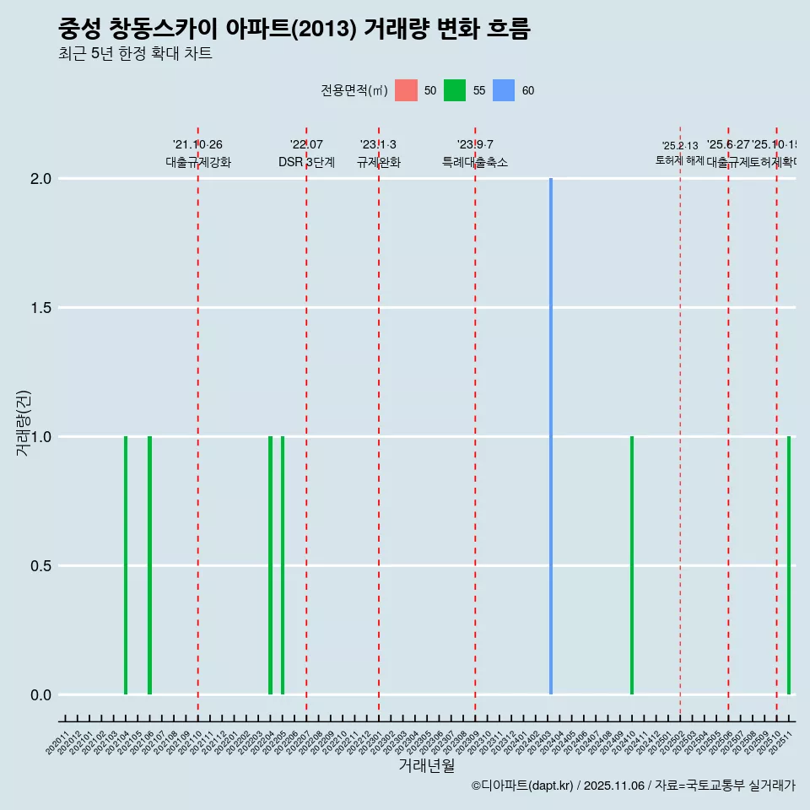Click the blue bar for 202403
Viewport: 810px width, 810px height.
551,436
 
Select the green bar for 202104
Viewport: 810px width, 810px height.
126,565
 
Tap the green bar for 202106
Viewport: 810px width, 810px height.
149,565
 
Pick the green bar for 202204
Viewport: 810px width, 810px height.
271,565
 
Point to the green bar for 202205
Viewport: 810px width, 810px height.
283,565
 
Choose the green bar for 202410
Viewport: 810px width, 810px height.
632,565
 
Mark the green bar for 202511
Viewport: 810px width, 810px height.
789,565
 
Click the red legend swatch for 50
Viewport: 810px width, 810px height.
406,90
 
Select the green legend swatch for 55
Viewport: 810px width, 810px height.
455,90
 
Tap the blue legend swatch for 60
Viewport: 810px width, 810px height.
504,90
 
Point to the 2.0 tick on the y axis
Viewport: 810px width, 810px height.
42,179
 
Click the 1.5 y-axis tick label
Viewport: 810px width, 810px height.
42,308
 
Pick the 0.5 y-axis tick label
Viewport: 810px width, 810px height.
42,566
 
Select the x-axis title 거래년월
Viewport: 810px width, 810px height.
426,766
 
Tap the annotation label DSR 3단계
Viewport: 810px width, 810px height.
306,163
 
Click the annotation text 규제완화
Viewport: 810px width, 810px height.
379,163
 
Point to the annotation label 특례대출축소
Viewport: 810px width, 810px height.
475,163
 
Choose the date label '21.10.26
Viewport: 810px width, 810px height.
197,145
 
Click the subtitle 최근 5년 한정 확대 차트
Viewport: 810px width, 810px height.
135,54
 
